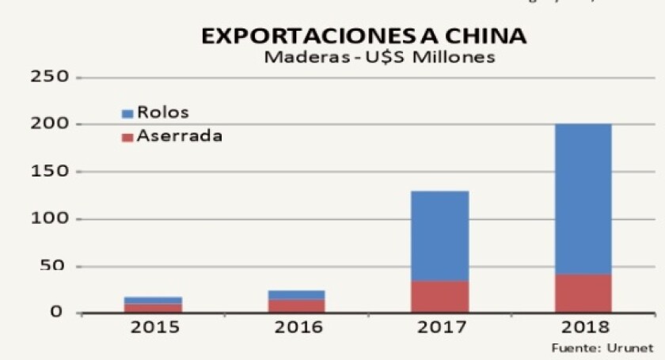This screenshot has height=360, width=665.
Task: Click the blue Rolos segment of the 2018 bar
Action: [583, 199]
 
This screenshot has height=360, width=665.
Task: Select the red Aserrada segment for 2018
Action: [583, 293]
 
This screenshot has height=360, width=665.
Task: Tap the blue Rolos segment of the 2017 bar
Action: [440, 236]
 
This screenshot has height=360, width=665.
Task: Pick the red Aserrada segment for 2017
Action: [440, 296]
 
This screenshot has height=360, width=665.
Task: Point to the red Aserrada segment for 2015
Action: [154, 307]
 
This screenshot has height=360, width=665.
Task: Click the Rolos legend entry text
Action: [163, 112]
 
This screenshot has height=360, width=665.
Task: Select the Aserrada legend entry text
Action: [179, 136]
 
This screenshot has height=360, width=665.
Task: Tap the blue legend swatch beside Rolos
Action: [127, 114]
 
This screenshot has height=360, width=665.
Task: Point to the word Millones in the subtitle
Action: [455, 58]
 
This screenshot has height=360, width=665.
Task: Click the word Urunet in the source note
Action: [636, 347]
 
